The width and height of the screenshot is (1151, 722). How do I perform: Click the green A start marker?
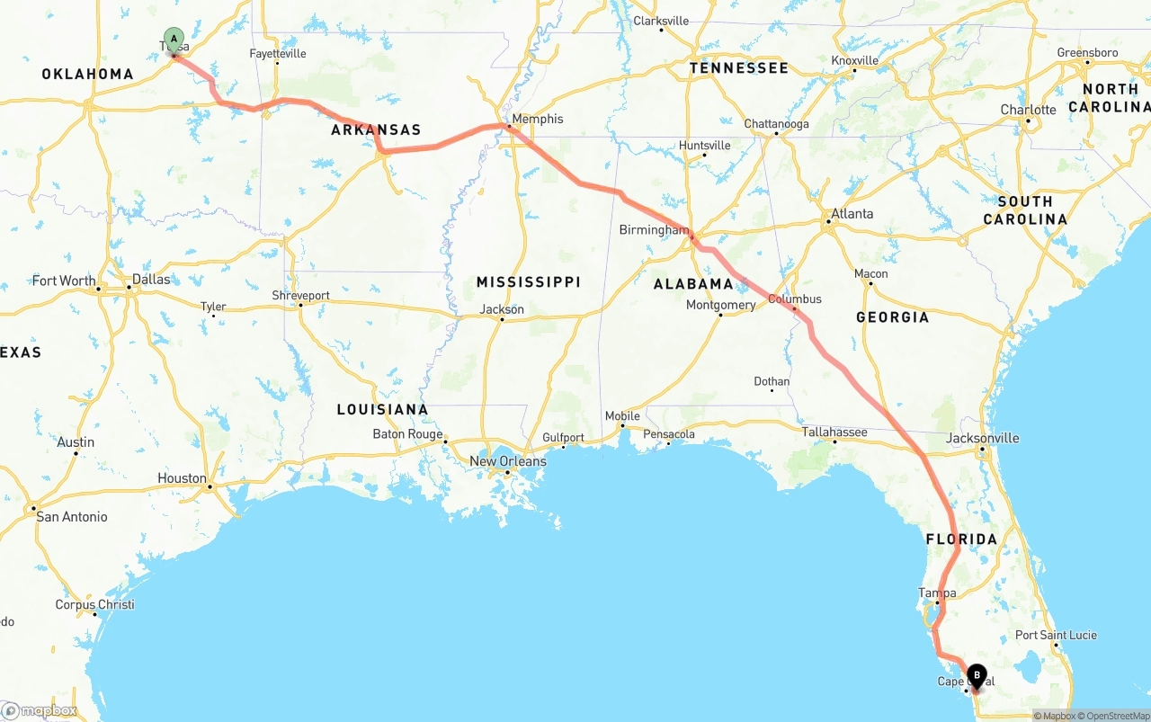(174, 39)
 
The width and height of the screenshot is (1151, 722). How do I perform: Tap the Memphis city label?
(537, 119)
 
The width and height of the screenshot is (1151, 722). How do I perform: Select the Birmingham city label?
(653, 230)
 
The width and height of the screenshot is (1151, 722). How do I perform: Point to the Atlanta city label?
(852, 214)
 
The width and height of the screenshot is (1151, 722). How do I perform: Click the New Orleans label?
(507, 461)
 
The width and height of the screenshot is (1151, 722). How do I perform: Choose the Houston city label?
(182, 478)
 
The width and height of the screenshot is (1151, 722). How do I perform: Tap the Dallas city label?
(151, 280)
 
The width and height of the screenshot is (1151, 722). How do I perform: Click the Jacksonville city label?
(983, 438)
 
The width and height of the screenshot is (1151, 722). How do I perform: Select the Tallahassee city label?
(834, 432)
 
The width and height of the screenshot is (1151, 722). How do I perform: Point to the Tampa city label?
(937, 593)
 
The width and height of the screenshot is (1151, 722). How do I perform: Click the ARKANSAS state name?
(376, 130)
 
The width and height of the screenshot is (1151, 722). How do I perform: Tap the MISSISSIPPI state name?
(528, 282)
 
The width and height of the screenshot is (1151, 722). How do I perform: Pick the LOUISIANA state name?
(382, 410)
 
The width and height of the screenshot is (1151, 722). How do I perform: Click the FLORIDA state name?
(961, 539)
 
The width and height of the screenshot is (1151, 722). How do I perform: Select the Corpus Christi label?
(94, 604)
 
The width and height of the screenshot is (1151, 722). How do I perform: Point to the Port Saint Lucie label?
(1056, 635)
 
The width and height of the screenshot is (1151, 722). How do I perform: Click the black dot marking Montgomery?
(720, 316)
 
